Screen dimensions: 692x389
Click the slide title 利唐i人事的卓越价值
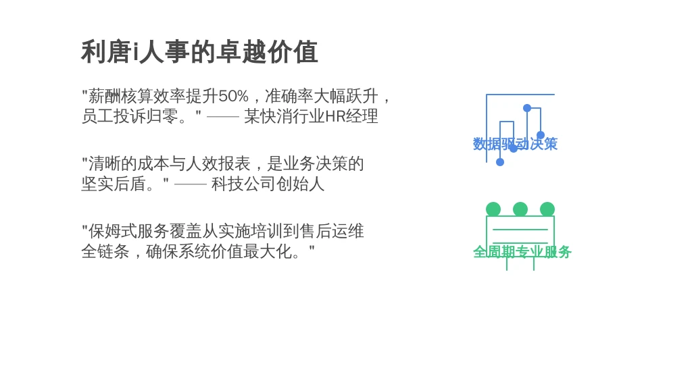(x=199, y=52)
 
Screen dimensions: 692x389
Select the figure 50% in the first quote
(x=233, y=96)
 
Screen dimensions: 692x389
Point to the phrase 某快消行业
(x=285, y=116)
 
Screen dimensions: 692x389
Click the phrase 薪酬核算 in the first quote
(x=120, y=96)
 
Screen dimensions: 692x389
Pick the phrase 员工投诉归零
(x=130, y=116)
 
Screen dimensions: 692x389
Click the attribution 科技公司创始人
(x=268, y=184)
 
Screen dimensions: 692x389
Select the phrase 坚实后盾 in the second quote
(x=114, y=184)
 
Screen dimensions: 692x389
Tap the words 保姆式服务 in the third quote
(x=128, y=231)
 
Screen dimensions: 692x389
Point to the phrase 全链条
(x=105, y=251)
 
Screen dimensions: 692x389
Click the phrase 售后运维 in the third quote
(x=332, y=231)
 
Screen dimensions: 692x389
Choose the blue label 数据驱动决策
(x=515, y=144)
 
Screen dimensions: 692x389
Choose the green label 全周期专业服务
(x=522, y=252)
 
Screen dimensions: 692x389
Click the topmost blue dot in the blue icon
(x=527, y=108)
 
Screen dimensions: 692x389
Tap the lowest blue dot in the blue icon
(x=500, y=162)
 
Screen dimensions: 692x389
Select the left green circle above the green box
(x=493, y=209)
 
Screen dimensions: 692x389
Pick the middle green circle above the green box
(x=520, y=209)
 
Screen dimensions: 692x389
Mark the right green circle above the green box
(x=547, y=209)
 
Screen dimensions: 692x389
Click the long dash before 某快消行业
(x=223, y=117)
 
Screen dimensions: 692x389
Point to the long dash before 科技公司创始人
(x=190, y=184)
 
